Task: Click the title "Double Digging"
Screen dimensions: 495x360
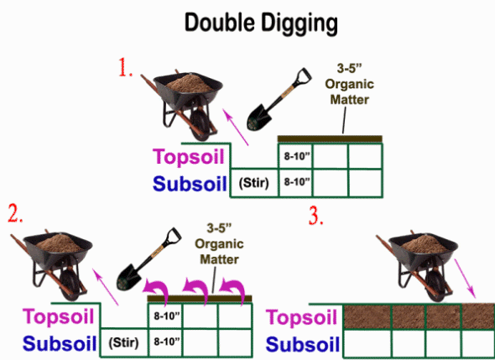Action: pos(261,23)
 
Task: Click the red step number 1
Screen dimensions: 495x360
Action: pos(125,67)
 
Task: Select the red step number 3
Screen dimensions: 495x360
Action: pos(316,217)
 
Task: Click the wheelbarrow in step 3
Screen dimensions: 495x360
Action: pos(417,266)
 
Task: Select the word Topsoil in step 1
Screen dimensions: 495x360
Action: pos(189,156)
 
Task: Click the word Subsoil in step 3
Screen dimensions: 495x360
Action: pos(303,344)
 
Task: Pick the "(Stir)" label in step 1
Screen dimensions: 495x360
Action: pos(254,183)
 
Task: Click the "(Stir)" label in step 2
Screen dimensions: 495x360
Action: pos(124,342)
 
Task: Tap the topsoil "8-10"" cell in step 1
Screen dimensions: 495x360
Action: pos(295,156)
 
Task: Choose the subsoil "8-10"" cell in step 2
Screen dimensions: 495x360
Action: pos(165,342)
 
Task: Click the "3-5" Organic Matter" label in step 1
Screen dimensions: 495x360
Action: pos(350,84)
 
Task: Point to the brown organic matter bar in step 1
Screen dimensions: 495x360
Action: pos(330,139)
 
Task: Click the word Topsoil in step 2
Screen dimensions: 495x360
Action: pos(59,316)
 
